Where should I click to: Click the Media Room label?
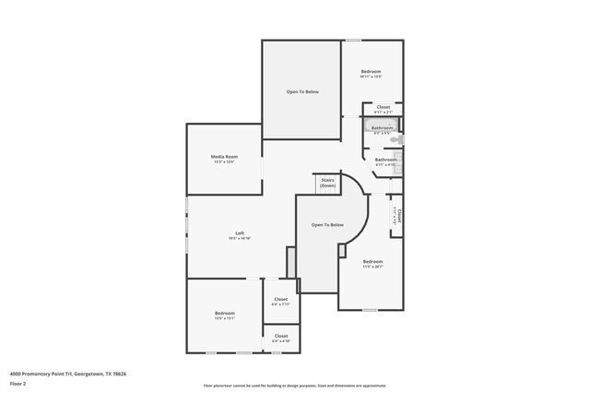[224, 157]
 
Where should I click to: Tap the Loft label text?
[240, 232]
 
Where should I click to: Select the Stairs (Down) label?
[327, 183]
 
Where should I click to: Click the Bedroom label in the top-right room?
[371, 71]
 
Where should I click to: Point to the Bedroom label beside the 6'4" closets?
[225, 313]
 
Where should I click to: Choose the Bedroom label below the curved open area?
[372, 262]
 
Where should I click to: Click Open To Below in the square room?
[301, 91]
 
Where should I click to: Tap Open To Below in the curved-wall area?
[327, 225]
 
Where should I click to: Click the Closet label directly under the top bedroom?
[383, 107]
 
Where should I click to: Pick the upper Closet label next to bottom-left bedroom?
[281, 299]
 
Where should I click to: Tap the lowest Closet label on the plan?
[281, 336]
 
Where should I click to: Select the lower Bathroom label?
[385, 160]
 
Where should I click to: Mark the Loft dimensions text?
[240, 239]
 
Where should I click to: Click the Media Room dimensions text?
[224, 162]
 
